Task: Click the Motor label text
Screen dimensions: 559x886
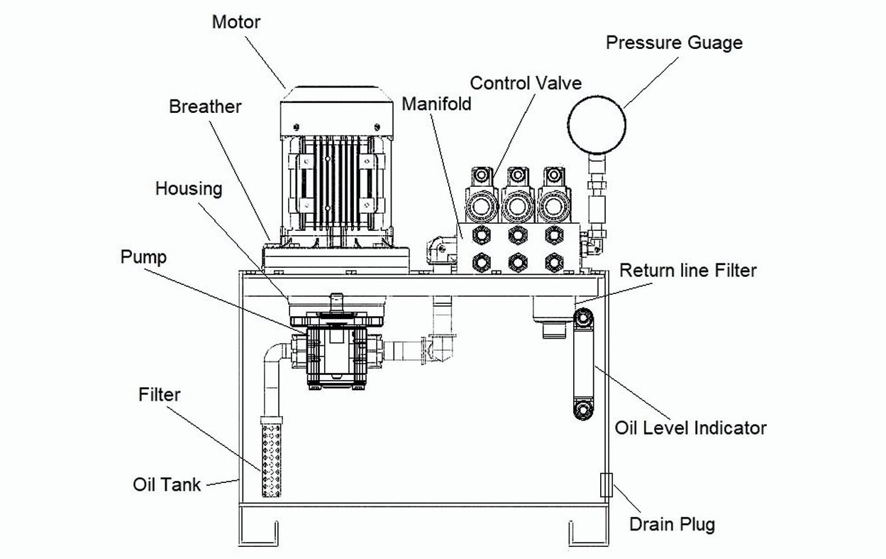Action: coord(236,21)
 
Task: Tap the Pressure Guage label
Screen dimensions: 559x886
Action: coord(673,43)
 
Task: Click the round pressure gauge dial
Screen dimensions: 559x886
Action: coord(597,125)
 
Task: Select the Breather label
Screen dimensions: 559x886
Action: coord(205,107)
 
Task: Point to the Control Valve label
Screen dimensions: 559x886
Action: coord(526,83)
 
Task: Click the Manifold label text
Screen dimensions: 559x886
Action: coord(436,104)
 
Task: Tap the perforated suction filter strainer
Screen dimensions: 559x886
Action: coord(273,458)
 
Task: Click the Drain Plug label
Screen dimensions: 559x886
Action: coord(672,525)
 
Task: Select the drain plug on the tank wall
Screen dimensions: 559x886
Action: coord(605,484)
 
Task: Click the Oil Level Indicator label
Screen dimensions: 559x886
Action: coord(690,428)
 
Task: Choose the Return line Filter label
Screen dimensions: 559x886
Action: coord(688,271)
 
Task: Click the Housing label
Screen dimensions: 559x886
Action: coord(189,189)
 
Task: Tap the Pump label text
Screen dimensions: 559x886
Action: coord(143,256)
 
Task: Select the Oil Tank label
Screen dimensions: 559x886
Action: coord(167,485)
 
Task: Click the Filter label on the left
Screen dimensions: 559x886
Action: coord(160,394)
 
